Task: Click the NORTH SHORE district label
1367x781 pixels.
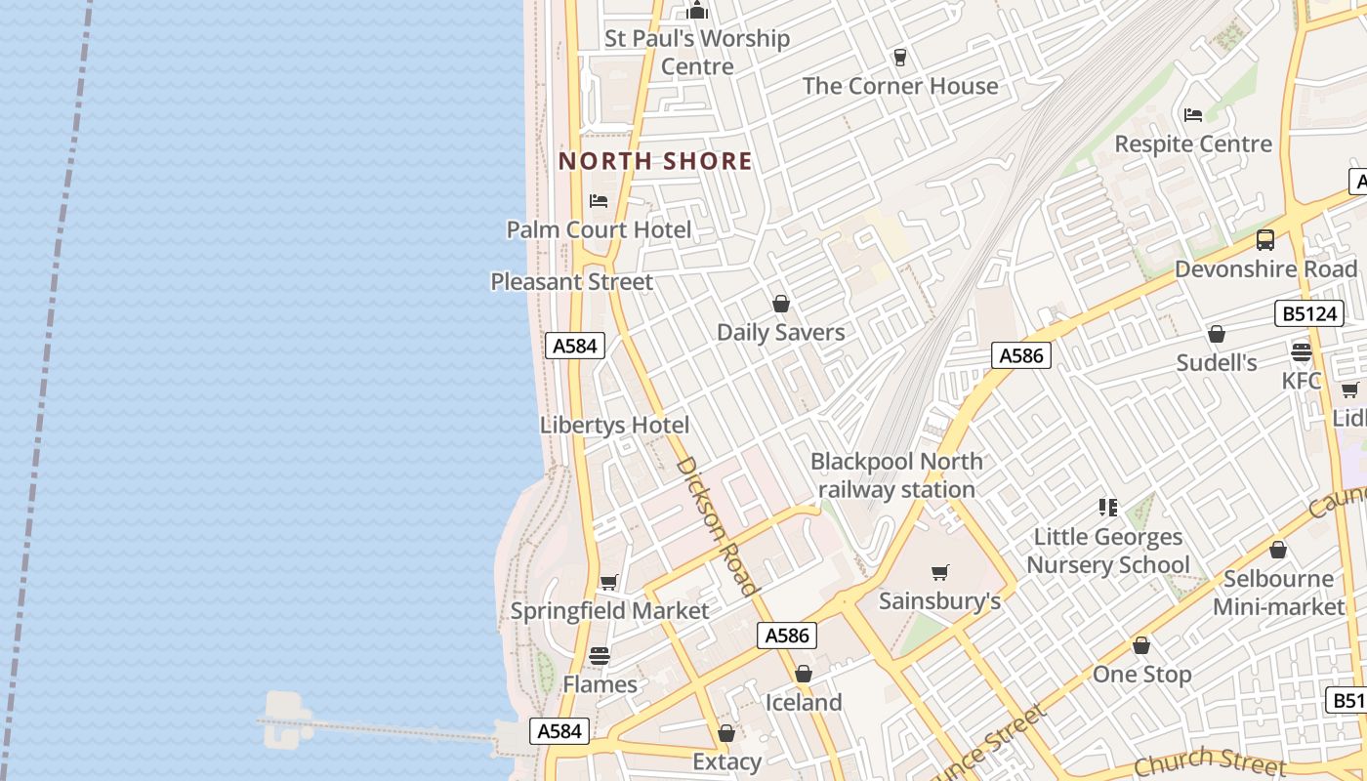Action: tap(655, 161)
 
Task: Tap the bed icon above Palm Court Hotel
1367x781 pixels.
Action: tap(599, 201)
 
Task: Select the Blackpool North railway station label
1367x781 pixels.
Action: tap(896, 475)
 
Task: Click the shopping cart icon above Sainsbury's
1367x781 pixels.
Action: tap(940, 572)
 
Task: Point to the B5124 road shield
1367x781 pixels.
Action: tap(1308, 313)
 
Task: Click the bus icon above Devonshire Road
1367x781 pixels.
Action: tap(1265, 239)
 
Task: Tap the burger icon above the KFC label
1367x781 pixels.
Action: tap(1301, 351)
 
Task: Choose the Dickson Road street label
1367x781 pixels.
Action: tap(717, 525)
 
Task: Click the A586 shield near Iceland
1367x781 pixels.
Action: tap(787, 636)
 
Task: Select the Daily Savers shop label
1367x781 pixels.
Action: tap(780, 332)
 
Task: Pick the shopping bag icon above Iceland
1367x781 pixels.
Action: tap(803, 674)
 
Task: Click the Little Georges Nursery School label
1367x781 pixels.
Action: tap(1108, 551)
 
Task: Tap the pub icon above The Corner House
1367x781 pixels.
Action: tap(899, 58)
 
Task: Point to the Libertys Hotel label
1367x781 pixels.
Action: tap(614, 425)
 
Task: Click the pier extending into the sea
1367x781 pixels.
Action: tap(391, 727)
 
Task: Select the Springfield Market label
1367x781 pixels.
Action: tap(609, 610)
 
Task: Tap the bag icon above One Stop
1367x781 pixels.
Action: tap(1140, 645)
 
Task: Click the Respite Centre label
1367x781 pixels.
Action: tap(1193, 144)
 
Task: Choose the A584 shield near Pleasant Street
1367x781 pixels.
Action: tap(574, 345)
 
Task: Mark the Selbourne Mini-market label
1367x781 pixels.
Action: tap(1278, 593)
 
